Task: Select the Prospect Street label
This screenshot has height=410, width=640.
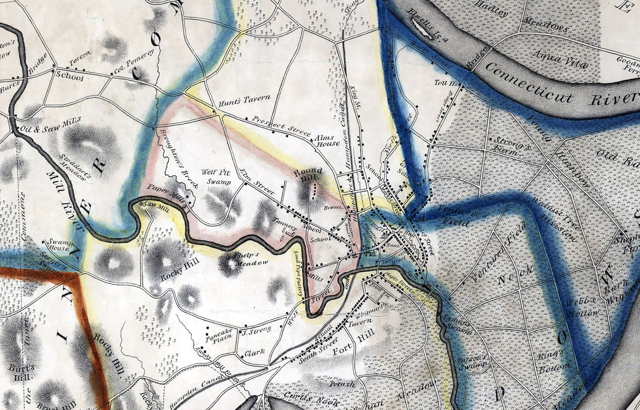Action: click(281, 126)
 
